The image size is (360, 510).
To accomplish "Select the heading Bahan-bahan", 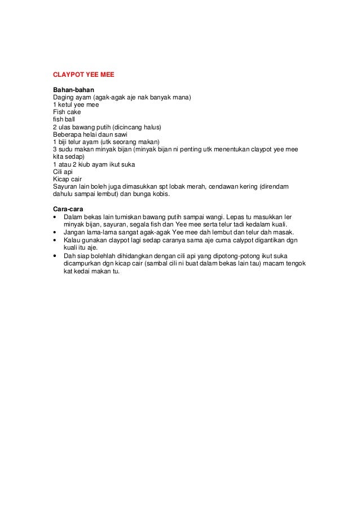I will pos(73,90).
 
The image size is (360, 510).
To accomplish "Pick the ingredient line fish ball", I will pos(64,120).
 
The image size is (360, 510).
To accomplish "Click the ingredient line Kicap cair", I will pos(67,179).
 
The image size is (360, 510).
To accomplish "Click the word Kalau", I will pos(72,239).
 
